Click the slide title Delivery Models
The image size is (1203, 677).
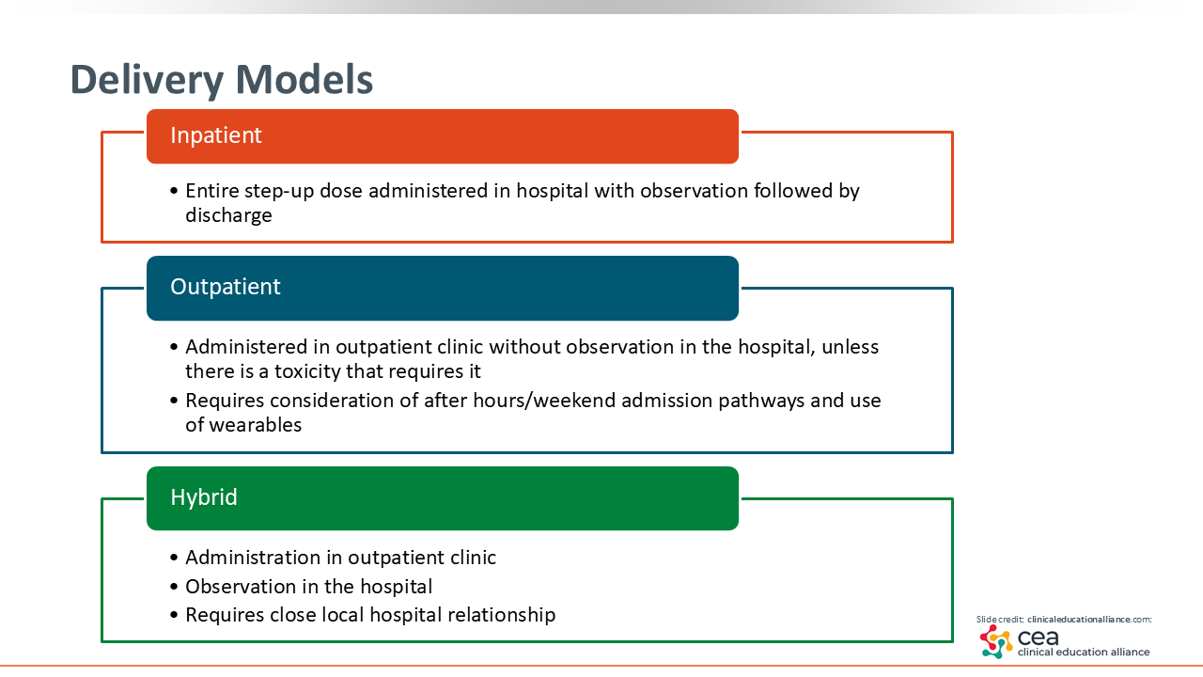point(221,80)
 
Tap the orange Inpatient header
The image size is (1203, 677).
point(443,136)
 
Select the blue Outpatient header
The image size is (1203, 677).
point(443,288)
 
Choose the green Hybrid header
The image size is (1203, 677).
point(443,498)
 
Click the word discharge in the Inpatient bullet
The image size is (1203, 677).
point(228,215)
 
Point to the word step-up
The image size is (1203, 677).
point(279,191)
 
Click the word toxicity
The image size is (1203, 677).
point(307,371)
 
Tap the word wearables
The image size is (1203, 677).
point(255,425)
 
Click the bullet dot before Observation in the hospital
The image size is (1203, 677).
point(174,587)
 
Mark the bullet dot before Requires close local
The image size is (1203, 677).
point(174,615)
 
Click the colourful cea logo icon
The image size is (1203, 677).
point(996,641)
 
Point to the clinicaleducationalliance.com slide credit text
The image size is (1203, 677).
point(1089,620)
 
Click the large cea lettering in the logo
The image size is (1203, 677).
point(1039,638)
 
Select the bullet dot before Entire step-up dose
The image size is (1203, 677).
point(174,191)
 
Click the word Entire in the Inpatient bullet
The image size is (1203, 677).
point(211,191)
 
